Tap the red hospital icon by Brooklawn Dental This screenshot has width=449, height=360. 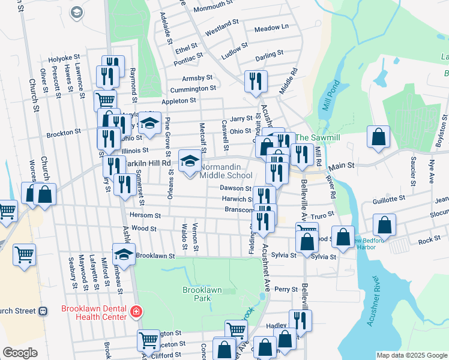point(137,311)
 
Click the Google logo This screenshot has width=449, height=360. point(20,353)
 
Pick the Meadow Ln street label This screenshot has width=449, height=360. point(271,28)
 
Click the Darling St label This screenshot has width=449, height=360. point(269,54)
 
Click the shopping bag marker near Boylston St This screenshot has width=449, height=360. point(379,136)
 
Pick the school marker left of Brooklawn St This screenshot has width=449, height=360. point(124,254)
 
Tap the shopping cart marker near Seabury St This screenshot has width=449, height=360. point(25,254)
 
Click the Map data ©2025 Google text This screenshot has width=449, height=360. point(411,355)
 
